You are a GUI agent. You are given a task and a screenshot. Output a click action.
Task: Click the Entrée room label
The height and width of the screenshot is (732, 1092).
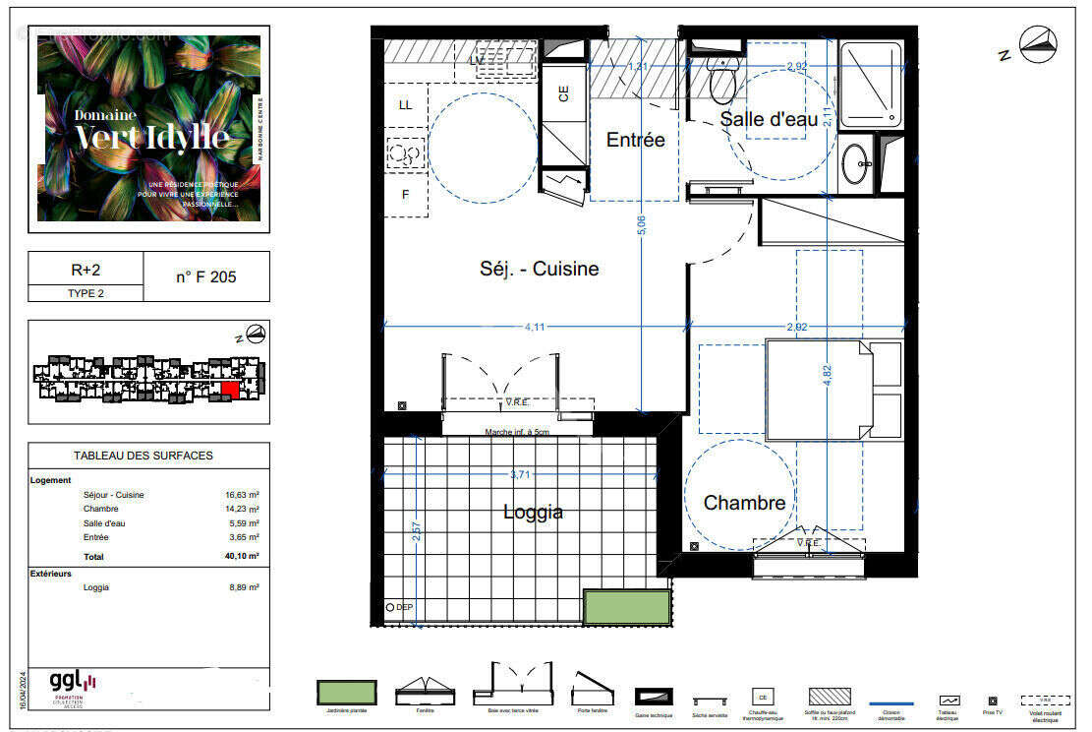tap(635, 140)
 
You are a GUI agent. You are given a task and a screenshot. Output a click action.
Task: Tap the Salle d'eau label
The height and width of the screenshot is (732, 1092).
tap(769, 119)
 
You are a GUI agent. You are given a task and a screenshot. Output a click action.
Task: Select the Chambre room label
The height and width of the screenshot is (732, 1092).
tap(744, 503)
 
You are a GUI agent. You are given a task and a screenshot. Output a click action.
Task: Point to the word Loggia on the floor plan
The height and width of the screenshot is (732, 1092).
tap(533, 512)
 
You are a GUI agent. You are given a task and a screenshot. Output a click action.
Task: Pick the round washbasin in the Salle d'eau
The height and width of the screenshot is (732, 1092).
tap(856, 156)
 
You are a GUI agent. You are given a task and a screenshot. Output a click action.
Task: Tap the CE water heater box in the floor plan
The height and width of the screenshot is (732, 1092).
tap(563, 95)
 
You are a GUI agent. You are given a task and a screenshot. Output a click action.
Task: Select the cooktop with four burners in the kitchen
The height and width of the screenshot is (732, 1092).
tap(406, 152)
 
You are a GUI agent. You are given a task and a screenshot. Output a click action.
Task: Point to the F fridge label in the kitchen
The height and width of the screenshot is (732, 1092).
tap(405, 194)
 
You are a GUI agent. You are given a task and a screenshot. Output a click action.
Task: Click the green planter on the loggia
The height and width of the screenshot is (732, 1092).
tap(626, 607)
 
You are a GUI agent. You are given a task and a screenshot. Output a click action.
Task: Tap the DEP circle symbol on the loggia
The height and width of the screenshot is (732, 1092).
tap(390, 608)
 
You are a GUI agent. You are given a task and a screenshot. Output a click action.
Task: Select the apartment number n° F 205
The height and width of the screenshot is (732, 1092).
tap(206, 276)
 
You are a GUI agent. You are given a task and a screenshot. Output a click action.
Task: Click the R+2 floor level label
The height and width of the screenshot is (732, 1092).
tap(86, 269)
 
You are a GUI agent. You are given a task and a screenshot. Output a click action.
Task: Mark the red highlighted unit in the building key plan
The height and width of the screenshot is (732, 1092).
tap(229, 390)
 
